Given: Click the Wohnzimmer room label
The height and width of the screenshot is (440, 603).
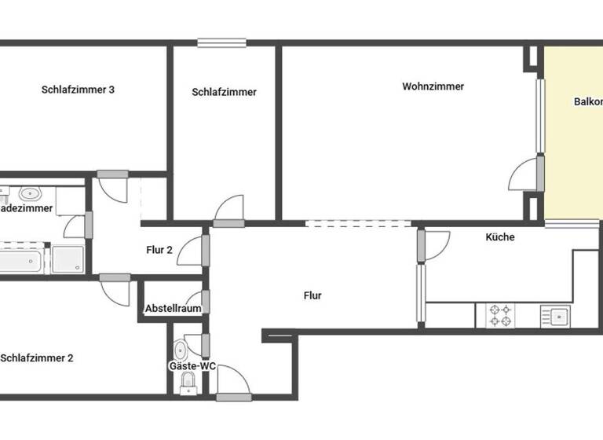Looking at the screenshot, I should click(x=433, y=86).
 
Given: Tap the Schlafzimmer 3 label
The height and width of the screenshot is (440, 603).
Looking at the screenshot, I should click(x=78, y=90).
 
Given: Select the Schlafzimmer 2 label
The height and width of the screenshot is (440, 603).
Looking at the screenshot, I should click(x=37, y=358).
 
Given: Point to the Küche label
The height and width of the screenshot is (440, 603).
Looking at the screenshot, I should click(x=500, y=236).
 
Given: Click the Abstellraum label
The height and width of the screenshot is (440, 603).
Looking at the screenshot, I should click(x=173, y=309).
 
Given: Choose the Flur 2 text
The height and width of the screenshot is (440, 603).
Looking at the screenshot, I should click(x=159, y=251).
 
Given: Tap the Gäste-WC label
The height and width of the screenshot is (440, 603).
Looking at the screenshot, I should click(x=192, y=366).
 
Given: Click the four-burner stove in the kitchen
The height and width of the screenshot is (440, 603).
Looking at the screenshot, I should click(x=502, y=316).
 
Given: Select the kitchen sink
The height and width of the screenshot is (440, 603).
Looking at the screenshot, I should click(x=557, y=316).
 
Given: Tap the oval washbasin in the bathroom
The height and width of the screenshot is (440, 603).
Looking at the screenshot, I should click(x=30, y=193).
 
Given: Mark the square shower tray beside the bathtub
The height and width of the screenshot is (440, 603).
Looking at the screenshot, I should click(x=68, y=258).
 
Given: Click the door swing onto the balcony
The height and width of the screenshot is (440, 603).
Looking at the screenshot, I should click(x=524, y=176).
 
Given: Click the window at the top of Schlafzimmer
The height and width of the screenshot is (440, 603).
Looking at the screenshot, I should click(x=221, y=43).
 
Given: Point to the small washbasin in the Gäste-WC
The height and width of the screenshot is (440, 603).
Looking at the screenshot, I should click(x=180, y=349).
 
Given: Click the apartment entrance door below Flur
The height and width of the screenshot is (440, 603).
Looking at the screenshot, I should click(x=233, y=383).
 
